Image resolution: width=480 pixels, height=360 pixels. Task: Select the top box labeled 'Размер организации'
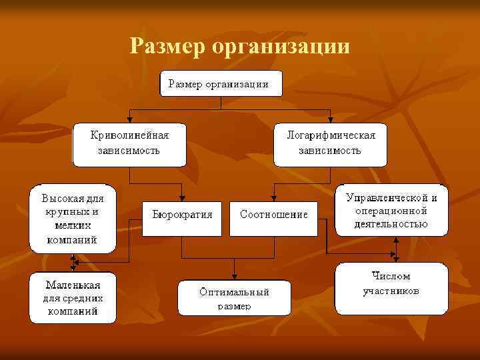click(x=221, y=84)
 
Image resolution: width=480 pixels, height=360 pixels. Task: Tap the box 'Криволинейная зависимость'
click(x=129, y=144)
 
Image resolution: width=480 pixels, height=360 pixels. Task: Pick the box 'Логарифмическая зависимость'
click(x=331, y=144)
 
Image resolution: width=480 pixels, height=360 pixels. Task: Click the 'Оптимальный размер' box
click(x=235, y=299)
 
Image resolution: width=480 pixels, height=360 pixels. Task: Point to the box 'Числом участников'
click(x=391, y=288)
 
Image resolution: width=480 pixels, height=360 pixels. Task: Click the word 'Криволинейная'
click(x=129, y=135)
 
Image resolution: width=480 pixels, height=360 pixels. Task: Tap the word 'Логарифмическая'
click(x=331, y=135)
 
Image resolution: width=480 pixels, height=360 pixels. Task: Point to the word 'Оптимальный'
click(x=235, y=292)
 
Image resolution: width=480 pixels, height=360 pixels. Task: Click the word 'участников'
click(x=391, y=292)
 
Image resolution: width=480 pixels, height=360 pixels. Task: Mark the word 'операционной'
click(x=391, y=210)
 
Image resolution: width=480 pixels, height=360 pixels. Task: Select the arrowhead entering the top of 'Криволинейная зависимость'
click(x=129, y=120)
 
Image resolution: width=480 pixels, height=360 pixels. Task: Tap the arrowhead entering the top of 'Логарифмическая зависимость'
click(x=331, y=120)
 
